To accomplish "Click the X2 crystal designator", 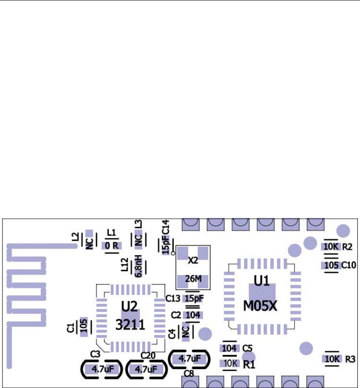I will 193,260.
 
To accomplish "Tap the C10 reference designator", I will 349,265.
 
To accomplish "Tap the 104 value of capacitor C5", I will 229,348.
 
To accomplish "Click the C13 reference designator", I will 173,298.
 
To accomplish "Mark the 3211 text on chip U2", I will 129,325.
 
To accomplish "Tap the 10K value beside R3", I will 332,358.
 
